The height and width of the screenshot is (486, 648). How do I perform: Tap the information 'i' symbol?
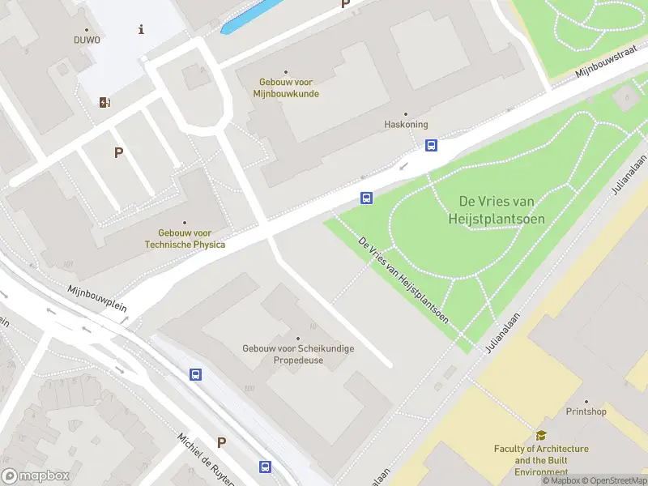(x=142, y=29)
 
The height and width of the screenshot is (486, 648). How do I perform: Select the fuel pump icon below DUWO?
(x=104, y=102)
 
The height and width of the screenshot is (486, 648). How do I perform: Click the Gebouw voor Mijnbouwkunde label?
(x=286, y=87)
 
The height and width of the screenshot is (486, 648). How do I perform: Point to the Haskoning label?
(x=405, y=125)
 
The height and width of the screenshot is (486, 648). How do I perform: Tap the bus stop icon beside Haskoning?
(x=432, y=145)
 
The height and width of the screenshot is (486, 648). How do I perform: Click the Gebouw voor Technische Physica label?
(x=185, y=238)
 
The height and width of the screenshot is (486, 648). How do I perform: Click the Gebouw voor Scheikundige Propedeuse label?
(x=298, y=354)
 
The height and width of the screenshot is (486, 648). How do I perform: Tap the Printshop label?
(x=586, y=411)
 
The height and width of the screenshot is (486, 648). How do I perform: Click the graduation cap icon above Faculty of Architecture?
(x=541, y=435)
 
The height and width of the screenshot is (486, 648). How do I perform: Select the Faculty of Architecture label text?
(x=541, y=460)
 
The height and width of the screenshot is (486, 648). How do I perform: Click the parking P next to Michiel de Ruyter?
(x=221, y=442)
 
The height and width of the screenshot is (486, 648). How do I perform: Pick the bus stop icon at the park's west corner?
(x=366, y=198)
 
